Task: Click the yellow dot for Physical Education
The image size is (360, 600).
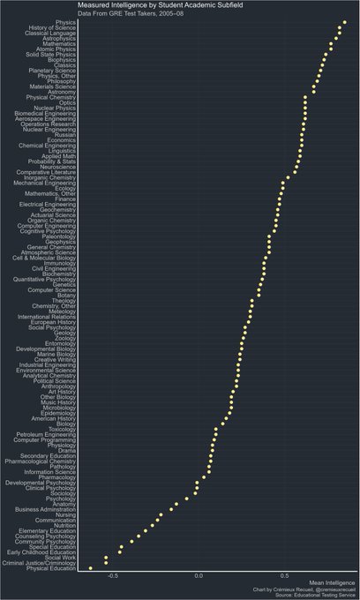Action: click(x=91, y=568)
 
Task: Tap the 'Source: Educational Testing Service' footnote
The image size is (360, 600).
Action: click(x=313, y=596)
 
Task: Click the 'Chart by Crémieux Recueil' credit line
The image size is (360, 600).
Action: click(x=304, y=590)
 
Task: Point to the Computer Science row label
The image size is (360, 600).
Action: click(x=51, y=289)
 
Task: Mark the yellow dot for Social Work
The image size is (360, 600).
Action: click(x=106, y=557)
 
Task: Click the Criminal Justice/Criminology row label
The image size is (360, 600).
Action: click(x=39, y=563)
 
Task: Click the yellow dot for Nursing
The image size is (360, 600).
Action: click(x=160, y=515)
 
